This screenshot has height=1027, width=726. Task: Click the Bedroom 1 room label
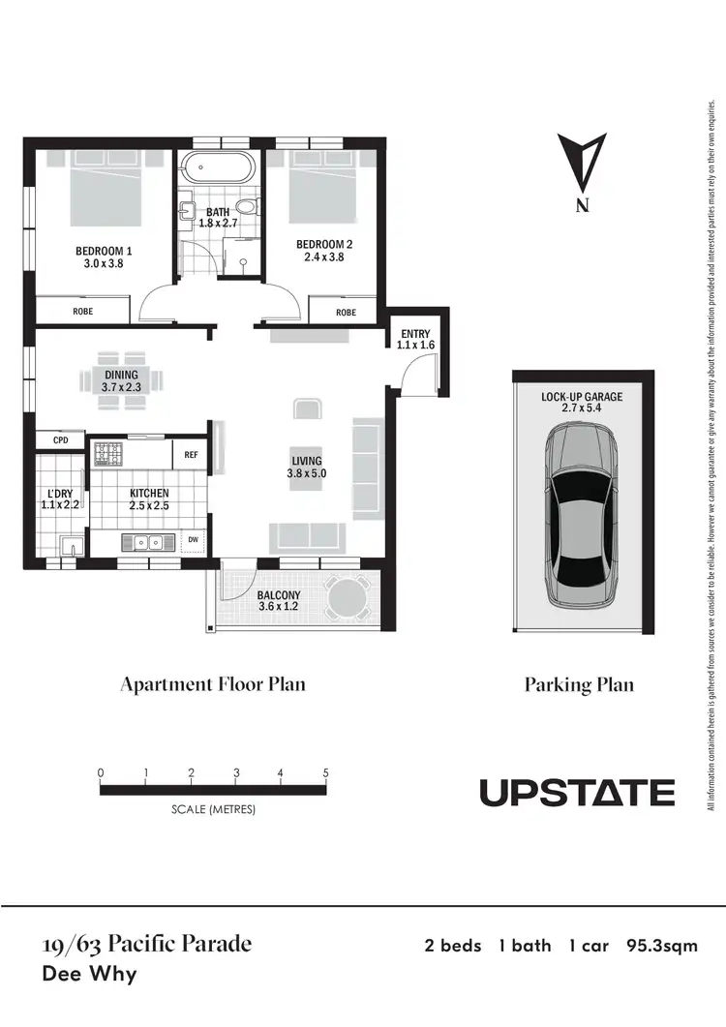[104, 252]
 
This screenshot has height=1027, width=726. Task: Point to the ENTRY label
[416, 335]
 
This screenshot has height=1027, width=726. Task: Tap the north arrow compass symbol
[582, 164]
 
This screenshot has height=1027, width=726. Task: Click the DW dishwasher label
[194, 540]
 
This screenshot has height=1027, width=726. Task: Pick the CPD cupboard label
[61, 440]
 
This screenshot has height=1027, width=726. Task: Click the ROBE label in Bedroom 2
[346, 313]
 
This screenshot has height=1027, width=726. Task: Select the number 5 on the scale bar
[326, 773]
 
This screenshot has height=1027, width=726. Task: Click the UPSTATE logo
[577, 793]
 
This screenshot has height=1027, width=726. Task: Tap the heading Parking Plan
[579, 685]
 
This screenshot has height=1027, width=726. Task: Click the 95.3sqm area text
[662, 946]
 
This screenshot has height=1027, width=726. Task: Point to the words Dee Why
[89, 973]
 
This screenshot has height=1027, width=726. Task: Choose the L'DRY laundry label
[60, 499]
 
